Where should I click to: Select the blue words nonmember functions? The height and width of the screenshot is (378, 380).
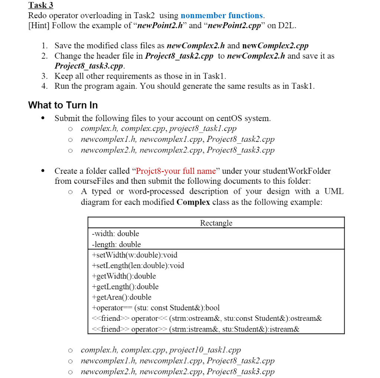222,16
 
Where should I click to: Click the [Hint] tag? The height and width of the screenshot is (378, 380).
40,26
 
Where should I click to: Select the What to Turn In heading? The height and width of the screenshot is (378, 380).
63,105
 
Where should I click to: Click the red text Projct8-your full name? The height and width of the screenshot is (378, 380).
176,171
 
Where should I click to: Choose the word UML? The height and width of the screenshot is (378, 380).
334,192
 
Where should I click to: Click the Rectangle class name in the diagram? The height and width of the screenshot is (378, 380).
216,223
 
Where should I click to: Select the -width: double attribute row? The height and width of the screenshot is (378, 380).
115,234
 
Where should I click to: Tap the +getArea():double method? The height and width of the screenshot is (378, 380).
121,297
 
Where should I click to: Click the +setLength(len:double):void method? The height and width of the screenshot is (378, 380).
138,265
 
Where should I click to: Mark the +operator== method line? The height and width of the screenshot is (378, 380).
155,308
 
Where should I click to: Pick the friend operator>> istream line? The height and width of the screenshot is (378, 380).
195,329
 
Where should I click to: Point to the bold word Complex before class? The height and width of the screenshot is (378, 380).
193,202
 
